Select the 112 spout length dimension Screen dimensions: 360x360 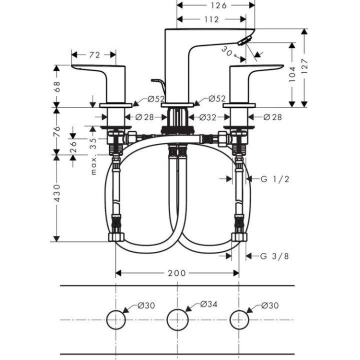(211, 19)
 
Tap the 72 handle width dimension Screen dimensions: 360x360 (94, 54)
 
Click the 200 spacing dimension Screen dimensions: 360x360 (176, 273)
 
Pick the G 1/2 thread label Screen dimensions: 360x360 (275, 179)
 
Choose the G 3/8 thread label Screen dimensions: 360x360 (274, 256)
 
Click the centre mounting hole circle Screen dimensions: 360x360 (177, 318)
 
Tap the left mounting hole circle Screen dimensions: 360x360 (115, 318)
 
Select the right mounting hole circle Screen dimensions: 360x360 (239, 318)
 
